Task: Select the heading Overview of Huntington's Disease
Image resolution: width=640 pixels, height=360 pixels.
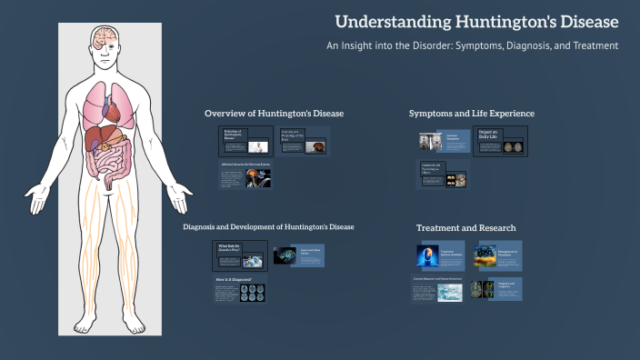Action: pos(274,113)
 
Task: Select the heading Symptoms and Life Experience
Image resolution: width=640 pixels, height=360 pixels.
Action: pos(471,113)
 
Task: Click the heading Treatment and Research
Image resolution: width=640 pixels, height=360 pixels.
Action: pos(465,227)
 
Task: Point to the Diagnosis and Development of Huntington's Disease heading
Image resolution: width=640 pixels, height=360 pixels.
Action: pos(268,226)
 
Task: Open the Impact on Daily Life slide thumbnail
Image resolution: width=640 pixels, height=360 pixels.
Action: pos(500,142)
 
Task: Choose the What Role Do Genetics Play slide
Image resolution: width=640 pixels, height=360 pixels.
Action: pos(240,255)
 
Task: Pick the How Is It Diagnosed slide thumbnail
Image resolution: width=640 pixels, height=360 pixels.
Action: pos(238,289)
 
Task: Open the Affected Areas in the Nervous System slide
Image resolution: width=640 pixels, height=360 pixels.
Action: pos(245,175)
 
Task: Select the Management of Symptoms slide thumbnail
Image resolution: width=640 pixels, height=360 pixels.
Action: pos(496,255)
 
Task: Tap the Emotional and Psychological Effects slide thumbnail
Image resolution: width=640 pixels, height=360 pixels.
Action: pos(443,175)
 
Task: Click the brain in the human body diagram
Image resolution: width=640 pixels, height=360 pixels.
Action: pos(108,37)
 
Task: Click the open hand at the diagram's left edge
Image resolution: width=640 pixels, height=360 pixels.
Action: pos(37,195)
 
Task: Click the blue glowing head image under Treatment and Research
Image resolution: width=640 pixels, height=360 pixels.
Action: pos(427,256)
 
